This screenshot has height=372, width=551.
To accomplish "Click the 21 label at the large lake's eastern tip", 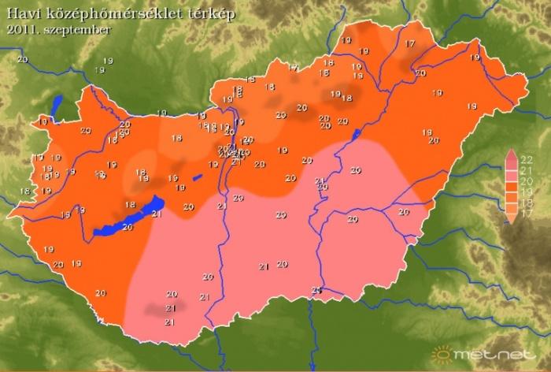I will tap(156, 214).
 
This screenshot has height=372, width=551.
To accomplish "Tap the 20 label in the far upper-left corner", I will tap(21, 60).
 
